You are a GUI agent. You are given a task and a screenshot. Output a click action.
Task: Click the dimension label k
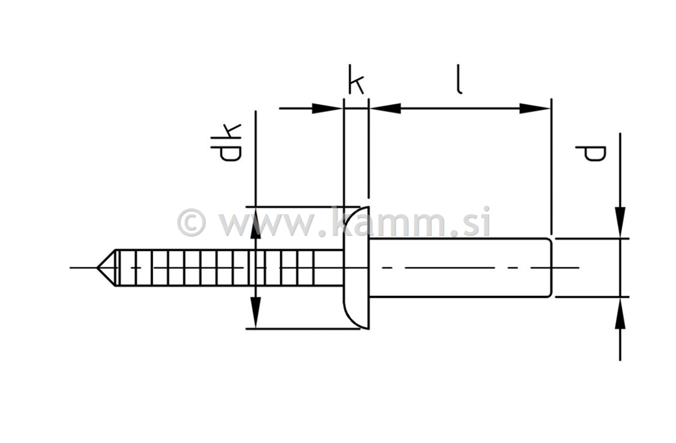356,84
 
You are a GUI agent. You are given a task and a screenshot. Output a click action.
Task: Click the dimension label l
458,80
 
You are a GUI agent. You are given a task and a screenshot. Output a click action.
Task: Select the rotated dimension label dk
226,143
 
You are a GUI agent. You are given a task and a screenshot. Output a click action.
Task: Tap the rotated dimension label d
590,154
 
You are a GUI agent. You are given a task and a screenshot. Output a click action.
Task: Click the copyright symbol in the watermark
191,222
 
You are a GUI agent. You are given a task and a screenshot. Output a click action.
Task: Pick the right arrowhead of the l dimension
536,108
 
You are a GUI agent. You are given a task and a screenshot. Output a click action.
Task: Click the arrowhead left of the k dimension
327,108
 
